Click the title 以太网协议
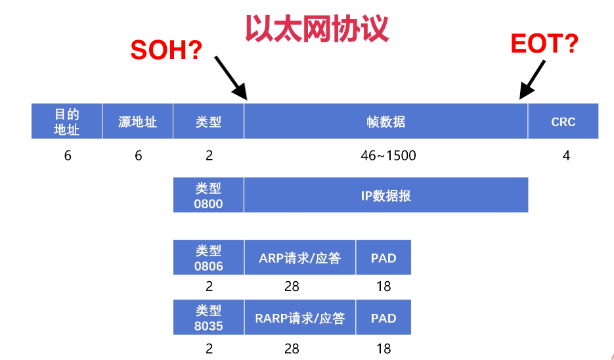[317, 28]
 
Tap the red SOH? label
[166, 50]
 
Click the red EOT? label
[544, 44]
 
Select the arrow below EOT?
[533, 79]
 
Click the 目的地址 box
[67, 122]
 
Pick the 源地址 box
[138, 122]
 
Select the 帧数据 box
[386, 122]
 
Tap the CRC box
[563, 122]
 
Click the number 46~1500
[388, 156]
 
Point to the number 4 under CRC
[566, 156]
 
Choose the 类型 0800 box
[209, 195]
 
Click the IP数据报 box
[386, 195]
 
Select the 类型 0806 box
[209, 258]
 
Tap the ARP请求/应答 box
[300, 258]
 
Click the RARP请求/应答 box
[300, 318]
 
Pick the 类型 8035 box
[209, 318]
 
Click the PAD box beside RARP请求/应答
[384, 318]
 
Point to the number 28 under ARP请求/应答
[292, 286]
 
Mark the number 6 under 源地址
[138, 156]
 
